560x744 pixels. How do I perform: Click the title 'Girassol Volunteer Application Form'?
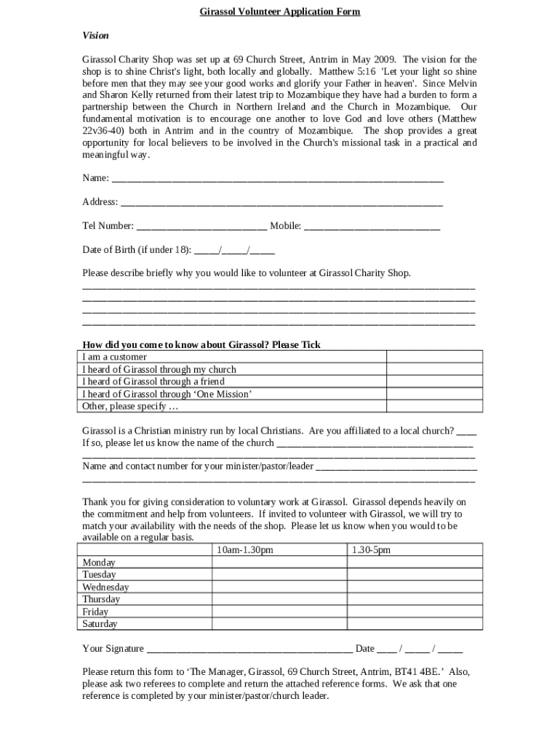[280, 12]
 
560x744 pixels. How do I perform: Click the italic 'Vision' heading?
[95, 35]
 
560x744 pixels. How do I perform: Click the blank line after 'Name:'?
[277, 179]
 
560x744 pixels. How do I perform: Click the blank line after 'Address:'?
[281, 203]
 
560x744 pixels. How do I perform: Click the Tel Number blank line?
[201, 227]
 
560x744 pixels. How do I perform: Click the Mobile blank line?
[372, 227]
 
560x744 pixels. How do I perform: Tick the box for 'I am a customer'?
[434, 357]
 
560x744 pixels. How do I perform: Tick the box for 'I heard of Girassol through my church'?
[434, 369]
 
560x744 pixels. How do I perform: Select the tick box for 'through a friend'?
[434, 381]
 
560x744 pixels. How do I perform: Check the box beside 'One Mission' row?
[434, 394]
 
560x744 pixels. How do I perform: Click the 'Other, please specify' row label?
[126, 406]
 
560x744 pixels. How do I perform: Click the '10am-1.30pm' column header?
[245, 550]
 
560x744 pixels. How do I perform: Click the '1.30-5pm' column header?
[371, 550]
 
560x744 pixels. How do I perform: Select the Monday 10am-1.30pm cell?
[279, 562]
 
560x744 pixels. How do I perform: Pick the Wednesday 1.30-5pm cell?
[414, 587]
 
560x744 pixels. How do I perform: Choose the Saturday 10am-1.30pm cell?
[279, 624]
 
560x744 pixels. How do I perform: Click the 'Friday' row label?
[95, 612]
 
